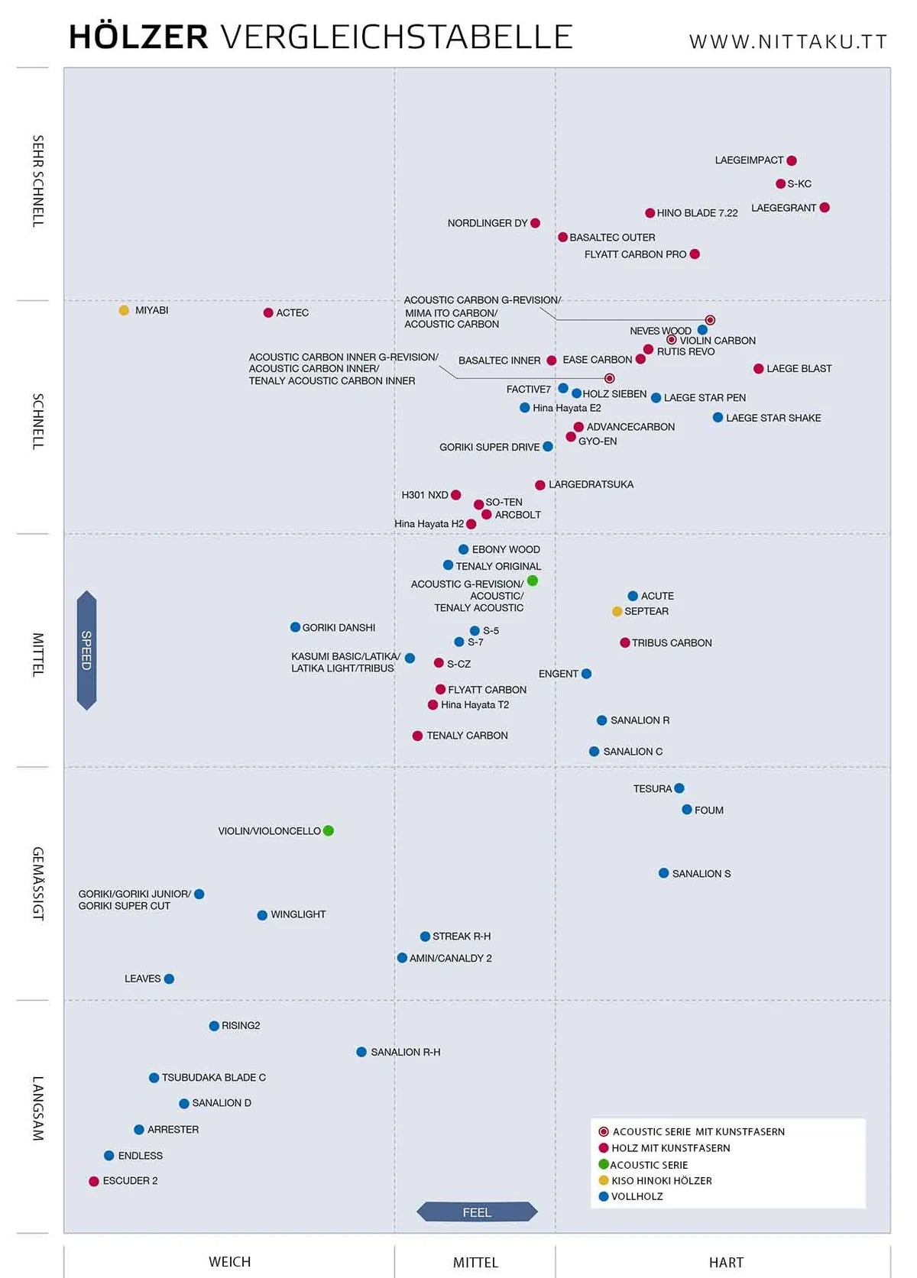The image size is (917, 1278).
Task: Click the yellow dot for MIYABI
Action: [x=124, y=310]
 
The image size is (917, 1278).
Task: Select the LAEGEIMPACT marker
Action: [x=792, y=160]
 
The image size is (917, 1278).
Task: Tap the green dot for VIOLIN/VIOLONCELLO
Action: [x=329, y=830]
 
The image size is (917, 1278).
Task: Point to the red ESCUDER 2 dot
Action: [x=94, y=1181]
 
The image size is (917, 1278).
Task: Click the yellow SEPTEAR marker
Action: [x=617, y=611]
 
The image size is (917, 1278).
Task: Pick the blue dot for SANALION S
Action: [x=663, y=873]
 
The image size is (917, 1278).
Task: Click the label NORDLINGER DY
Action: [x=488, y=223]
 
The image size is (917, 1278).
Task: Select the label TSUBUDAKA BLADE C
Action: [x=214, y=1077]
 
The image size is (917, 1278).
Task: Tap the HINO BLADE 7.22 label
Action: [x=697, y=213]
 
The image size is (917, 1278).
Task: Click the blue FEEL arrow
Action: [x=477, y=1212]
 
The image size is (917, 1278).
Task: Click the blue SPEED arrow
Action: [x=86, y=650]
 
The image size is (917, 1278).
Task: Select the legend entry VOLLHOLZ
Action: [x=637, y=1196]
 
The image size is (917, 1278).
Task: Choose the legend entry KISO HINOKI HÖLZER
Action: [x=661, y=1180]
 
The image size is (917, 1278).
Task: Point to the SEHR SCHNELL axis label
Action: [x=37, y=181]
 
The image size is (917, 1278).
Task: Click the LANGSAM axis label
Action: [x=37, y=1108]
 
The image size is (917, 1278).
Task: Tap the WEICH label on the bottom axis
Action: [x=229, y=1262]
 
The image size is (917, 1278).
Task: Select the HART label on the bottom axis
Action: [x=726, y=1263]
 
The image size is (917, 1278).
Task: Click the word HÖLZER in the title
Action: [x=138, y=37]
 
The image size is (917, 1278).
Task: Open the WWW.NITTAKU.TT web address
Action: [x=788, y=42]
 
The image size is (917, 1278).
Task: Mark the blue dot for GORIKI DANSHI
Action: [x=295, y=627]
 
